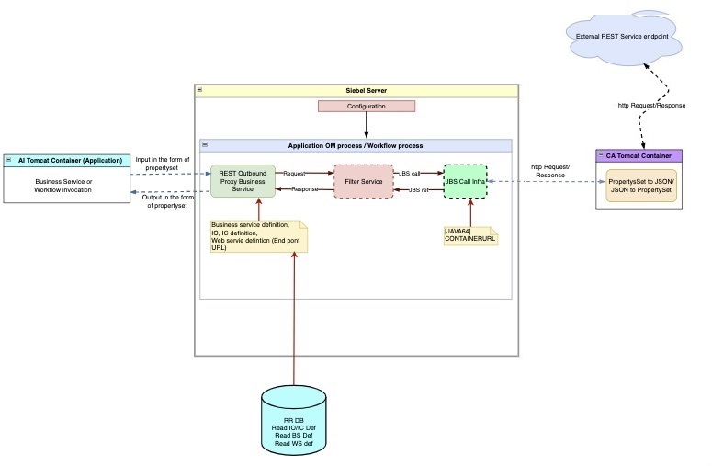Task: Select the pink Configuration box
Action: (x=367, y=106)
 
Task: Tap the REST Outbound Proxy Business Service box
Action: (x=243, y=181)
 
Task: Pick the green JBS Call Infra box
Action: (x=464, y=181)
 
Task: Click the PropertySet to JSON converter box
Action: (x=641, y=187)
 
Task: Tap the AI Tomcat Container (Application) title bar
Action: (x=69, y=160)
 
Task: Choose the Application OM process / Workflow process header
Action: (x=356, y=145)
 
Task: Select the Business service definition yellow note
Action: (x=258, y=235)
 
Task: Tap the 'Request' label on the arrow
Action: (x=294, y=173)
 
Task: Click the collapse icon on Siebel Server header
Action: (x=199, y=91)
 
